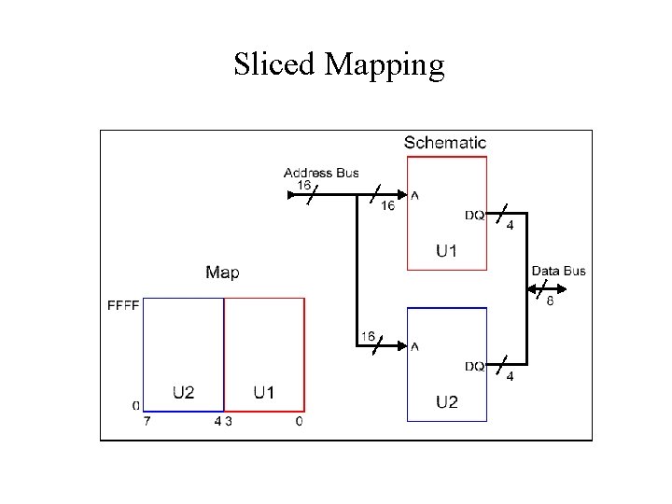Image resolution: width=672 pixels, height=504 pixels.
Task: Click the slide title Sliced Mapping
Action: [339, 64]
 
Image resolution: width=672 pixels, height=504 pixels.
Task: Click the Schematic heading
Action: [445, 143]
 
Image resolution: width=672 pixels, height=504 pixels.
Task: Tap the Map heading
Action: [222, 273]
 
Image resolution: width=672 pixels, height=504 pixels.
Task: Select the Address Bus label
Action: [321, 173]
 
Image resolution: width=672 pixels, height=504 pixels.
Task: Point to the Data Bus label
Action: [558, 271]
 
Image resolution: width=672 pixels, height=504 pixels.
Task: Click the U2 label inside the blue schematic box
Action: [446, 402]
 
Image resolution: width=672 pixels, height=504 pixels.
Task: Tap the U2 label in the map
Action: [183, 392]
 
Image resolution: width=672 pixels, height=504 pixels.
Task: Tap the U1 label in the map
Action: [264, 392]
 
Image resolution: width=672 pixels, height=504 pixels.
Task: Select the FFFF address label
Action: [124, 304]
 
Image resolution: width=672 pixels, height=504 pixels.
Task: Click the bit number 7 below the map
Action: [147, 422]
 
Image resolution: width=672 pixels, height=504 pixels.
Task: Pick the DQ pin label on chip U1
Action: [475, 216]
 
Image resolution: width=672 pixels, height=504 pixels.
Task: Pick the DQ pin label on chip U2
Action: [475, 367]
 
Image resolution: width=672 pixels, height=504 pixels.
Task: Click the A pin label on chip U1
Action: [414, 196]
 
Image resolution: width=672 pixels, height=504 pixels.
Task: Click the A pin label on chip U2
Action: [414, 347]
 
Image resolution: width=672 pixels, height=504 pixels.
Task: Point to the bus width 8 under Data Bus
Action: [550, 301]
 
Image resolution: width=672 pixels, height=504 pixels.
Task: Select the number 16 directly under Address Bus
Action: [304, 185]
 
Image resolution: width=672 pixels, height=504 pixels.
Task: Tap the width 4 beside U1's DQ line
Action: [510, 225]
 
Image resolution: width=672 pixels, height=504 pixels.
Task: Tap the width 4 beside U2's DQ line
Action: [510, 376]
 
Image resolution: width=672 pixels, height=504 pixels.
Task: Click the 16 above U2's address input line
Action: [368, 335]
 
